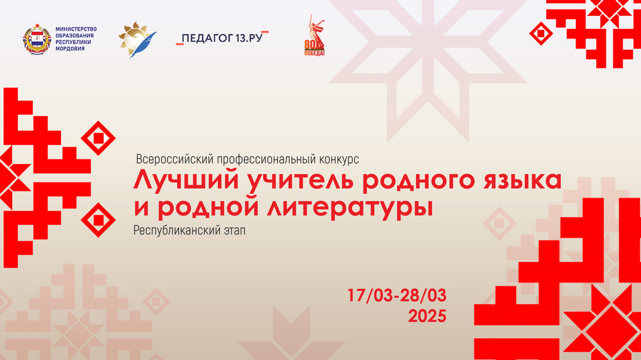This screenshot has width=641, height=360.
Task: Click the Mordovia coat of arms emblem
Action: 37,39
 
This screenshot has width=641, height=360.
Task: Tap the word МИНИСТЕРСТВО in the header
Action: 76,29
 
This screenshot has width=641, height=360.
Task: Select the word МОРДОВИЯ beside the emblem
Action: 70,49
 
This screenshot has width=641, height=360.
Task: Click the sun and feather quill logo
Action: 137,40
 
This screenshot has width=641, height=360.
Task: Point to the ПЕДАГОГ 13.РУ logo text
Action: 222,38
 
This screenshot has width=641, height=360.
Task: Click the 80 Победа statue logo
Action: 314,35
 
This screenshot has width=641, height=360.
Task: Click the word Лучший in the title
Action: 186,180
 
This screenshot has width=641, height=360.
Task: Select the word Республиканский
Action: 177,231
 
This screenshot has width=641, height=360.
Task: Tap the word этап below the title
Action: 234,231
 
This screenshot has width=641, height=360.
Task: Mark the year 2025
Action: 427,316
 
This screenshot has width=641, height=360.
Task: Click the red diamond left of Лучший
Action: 98,138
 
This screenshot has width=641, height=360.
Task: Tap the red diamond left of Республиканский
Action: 98,220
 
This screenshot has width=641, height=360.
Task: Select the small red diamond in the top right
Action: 541,33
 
